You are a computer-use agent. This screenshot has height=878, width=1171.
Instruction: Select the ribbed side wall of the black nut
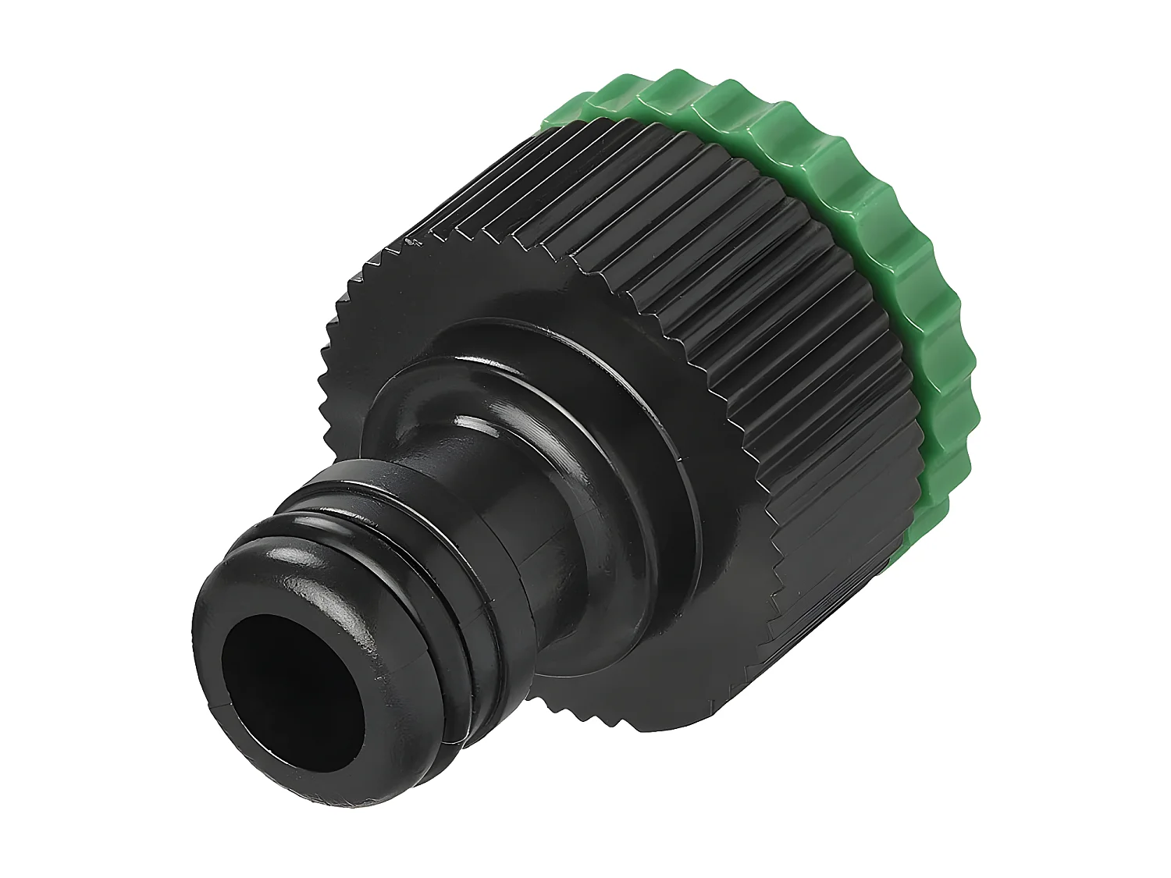pos(703,234)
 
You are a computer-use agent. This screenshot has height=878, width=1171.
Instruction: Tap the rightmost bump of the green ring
pos(968,359)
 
